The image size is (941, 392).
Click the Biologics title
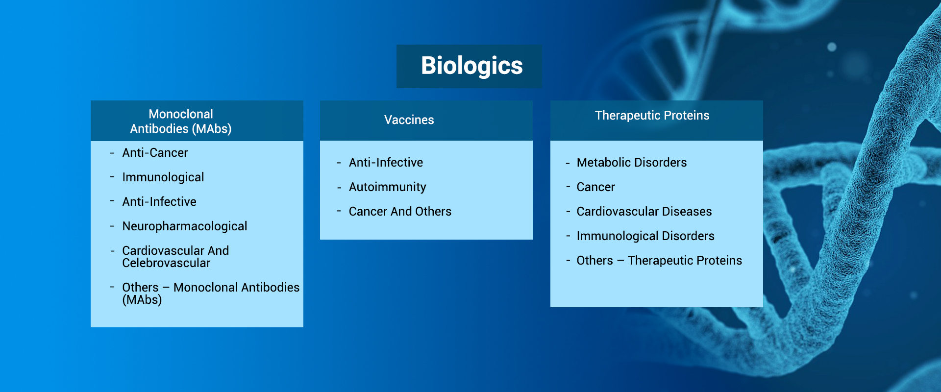coord(471,66)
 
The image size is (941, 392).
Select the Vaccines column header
coord(409,120)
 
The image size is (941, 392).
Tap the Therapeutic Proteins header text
coord(652,116)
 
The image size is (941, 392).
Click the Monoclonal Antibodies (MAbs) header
coord(181,122)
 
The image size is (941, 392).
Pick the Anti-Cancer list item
coord(155,153)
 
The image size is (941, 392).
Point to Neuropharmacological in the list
coord(184,226)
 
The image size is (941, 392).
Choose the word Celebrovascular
coord(166,263)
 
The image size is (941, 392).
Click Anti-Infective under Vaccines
coord(386,163)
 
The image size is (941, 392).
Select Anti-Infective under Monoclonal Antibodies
coord(159,202)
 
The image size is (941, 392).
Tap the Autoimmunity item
coord(387,187)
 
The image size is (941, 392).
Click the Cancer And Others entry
coord(400,212)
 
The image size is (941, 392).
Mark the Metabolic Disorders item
coord(631,163)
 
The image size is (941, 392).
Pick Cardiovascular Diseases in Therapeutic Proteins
coord(644,212)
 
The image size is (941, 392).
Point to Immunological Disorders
coord(645,236)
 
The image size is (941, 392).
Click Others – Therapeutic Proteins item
coord(659,261)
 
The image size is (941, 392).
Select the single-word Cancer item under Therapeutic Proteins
coord(595,187)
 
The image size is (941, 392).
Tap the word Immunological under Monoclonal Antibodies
coord(163,177)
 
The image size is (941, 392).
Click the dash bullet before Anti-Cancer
coord(112,153)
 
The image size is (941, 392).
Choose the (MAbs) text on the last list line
coord(142,300)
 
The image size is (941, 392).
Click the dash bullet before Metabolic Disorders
coord(568,163)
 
